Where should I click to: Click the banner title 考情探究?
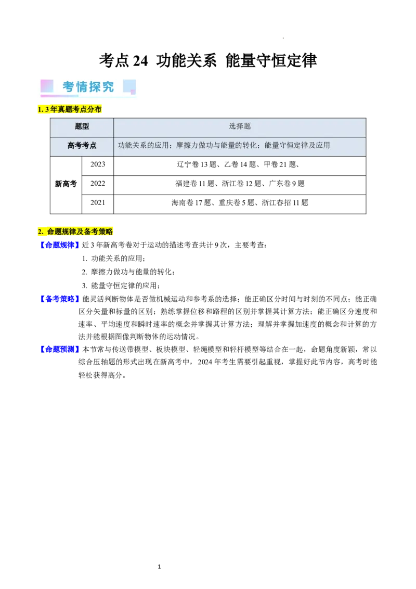coord(88,87)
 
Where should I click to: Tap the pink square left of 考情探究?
coord(47,86)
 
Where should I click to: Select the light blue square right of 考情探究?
coord(129,86)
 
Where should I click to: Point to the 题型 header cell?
coord(82,126)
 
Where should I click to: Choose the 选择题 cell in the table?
coord(240,126)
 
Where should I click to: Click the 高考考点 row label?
coord(82,146)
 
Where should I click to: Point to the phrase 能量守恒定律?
coord(287,146)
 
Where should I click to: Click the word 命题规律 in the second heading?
coord(61,232)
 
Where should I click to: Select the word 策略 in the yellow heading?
coord(106,232)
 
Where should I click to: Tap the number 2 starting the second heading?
coord(40,232)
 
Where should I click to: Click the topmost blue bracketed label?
coord(59,245)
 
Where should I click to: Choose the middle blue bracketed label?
coord(59,299)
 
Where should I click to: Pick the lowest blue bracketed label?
coord(59,349)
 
